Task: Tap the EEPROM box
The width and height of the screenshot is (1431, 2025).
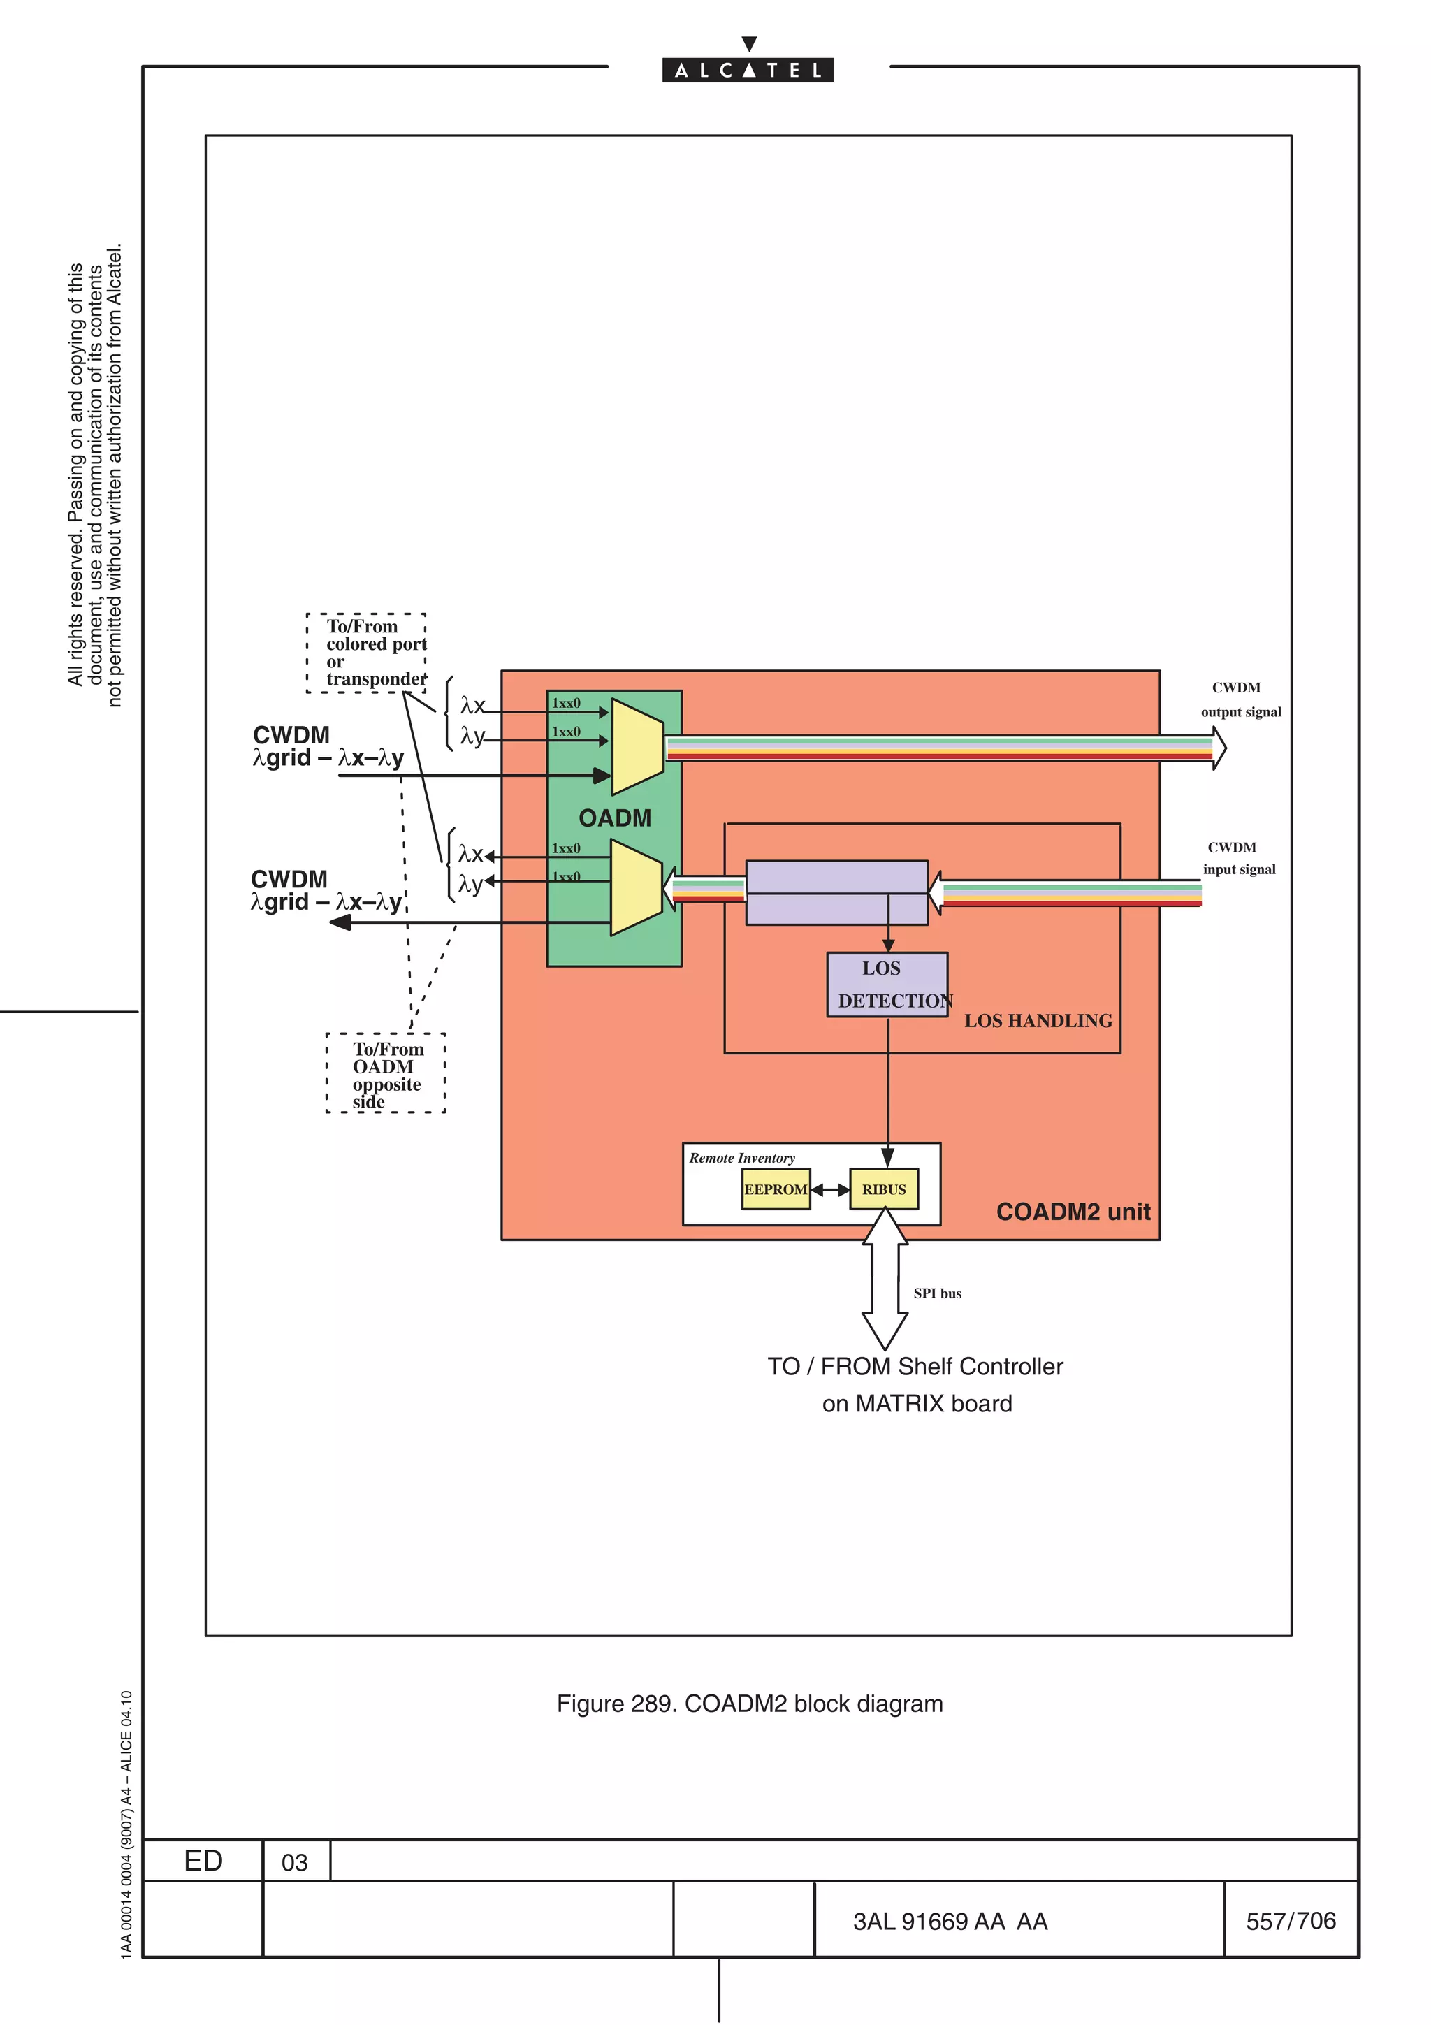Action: [x=775, y=1189]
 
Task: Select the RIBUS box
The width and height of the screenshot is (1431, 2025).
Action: [x=883, y=1189]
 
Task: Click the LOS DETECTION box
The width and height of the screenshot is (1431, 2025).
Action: [x=887, y=985]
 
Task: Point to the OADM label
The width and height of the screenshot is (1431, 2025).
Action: [x=615, y=818]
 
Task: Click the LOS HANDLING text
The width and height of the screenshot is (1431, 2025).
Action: [x=1038, y=1020]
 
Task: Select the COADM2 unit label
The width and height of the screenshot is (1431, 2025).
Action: [x=1073, y=1212]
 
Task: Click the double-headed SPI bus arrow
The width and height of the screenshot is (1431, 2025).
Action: [x=885, y=1279]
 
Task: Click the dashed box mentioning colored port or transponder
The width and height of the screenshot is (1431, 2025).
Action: [x=367, y=653]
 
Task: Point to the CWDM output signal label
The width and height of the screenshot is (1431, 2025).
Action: [x=1240, y=699]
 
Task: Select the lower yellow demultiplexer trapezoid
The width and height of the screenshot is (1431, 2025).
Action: [x=636, y=887]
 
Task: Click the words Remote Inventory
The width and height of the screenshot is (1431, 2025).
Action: [x=741, y=1158]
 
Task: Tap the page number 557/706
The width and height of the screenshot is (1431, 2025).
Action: [x=1290, y=1921]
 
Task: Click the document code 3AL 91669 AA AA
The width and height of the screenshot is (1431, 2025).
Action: [x=950, y=1922]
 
